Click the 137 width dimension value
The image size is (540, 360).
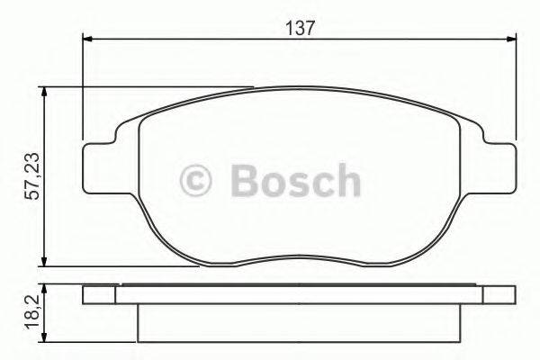[x=301, y=27]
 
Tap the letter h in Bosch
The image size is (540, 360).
[x=345, y=180]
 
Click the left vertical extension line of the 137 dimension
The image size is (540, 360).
[x=83, y=90]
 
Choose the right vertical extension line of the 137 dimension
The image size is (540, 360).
[x=517, y=90]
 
